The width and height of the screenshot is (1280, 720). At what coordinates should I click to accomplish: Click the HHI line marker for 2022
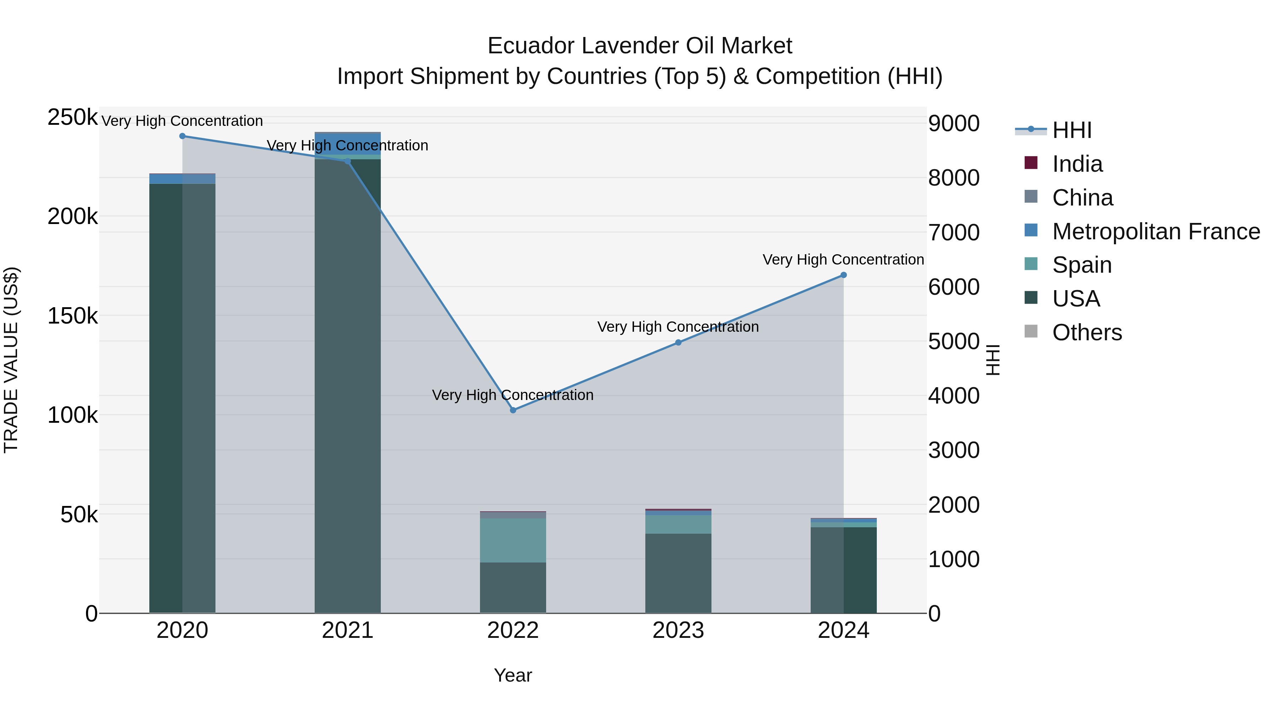(513, 410)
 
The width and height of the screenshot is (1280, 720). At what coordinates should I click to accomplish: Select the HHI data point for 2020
(182, 136)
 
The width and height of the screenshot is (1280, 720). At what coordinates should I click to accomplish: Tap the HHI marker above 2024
(843, 275)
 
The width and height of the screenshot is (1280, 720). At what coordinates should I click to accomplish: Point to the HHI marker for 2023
(678, 342)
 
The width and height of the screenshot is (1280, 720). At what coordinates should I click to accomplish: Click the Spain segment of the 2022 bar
(513, 540)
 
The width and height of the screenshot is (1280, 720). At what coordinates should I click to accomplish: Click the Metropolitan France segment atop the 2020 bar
(182, 179)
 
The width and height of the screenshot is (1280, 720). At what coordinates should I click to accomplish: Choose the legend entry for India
(1077, 164)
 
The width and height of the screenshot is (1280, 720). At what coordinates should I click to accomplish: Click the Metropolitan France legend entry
(1156, 231)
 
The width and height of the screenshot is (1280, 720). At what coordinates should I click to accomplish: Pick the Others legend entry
(1087, 332)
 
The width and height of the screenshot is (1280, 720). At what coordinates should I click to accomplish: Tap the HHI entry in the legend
(1072, 130)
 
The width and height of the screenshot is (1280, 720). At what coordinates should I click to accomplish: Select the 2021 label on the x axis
(347, 630)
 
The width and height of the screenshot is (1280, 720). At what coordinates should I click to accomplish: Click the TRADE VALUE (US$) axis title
(11, 360)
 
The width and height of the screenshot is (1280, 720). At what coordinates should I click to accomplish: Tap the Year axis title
(513, 675)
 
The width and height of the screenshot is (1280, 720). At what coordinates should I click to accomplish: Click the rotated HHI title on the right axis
(992, 360)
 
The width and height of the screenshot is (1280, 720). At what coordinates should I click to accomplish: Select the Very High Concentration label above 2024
(843, 260)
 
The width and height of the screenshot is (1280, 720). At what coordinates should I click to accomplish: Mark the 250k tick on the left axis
(73, 118)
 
